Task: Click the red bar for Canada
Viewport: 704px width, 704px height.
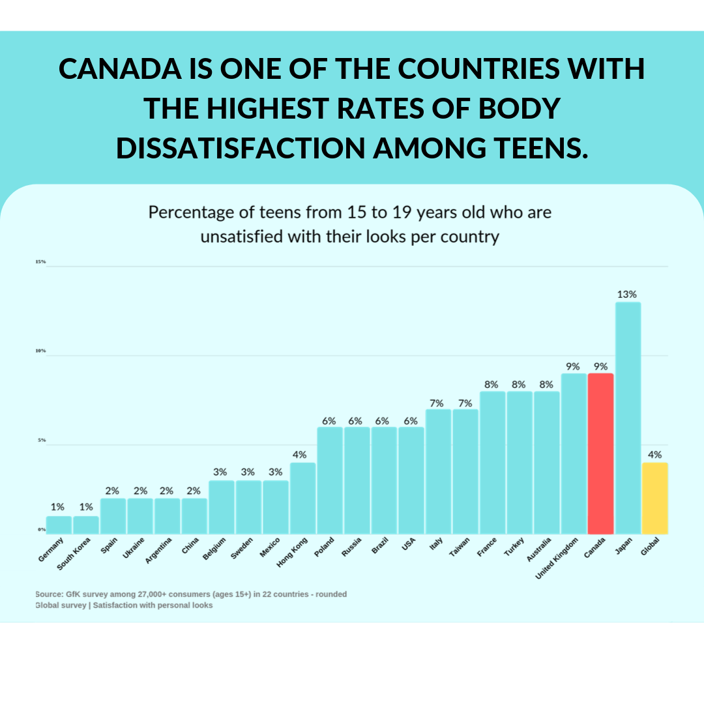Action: tap(600, 454)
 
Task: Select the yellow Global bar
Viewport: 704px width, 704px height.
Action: tap(654, 498)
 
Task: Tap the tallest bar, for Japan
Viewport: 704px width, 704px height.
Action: tap(628, 418)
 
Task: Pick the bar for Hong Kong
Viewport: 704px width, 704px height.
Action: tap(302, 498)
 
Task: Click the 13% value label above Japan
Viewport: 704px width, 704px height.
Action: tap(627, 294)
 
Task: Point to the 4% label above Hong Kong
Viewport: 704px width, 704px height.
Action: tap(299, 454)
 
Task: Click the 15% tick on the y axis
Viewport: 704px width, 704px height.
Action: tap(40, 262)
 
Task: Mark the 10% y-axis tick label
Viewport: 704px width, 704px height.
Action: tap(40, 351)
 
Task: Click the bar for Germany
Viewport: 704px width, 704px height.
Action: tap(59, 525)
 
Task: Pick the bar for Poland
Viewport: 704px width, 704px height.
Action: tap(330, 480)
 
